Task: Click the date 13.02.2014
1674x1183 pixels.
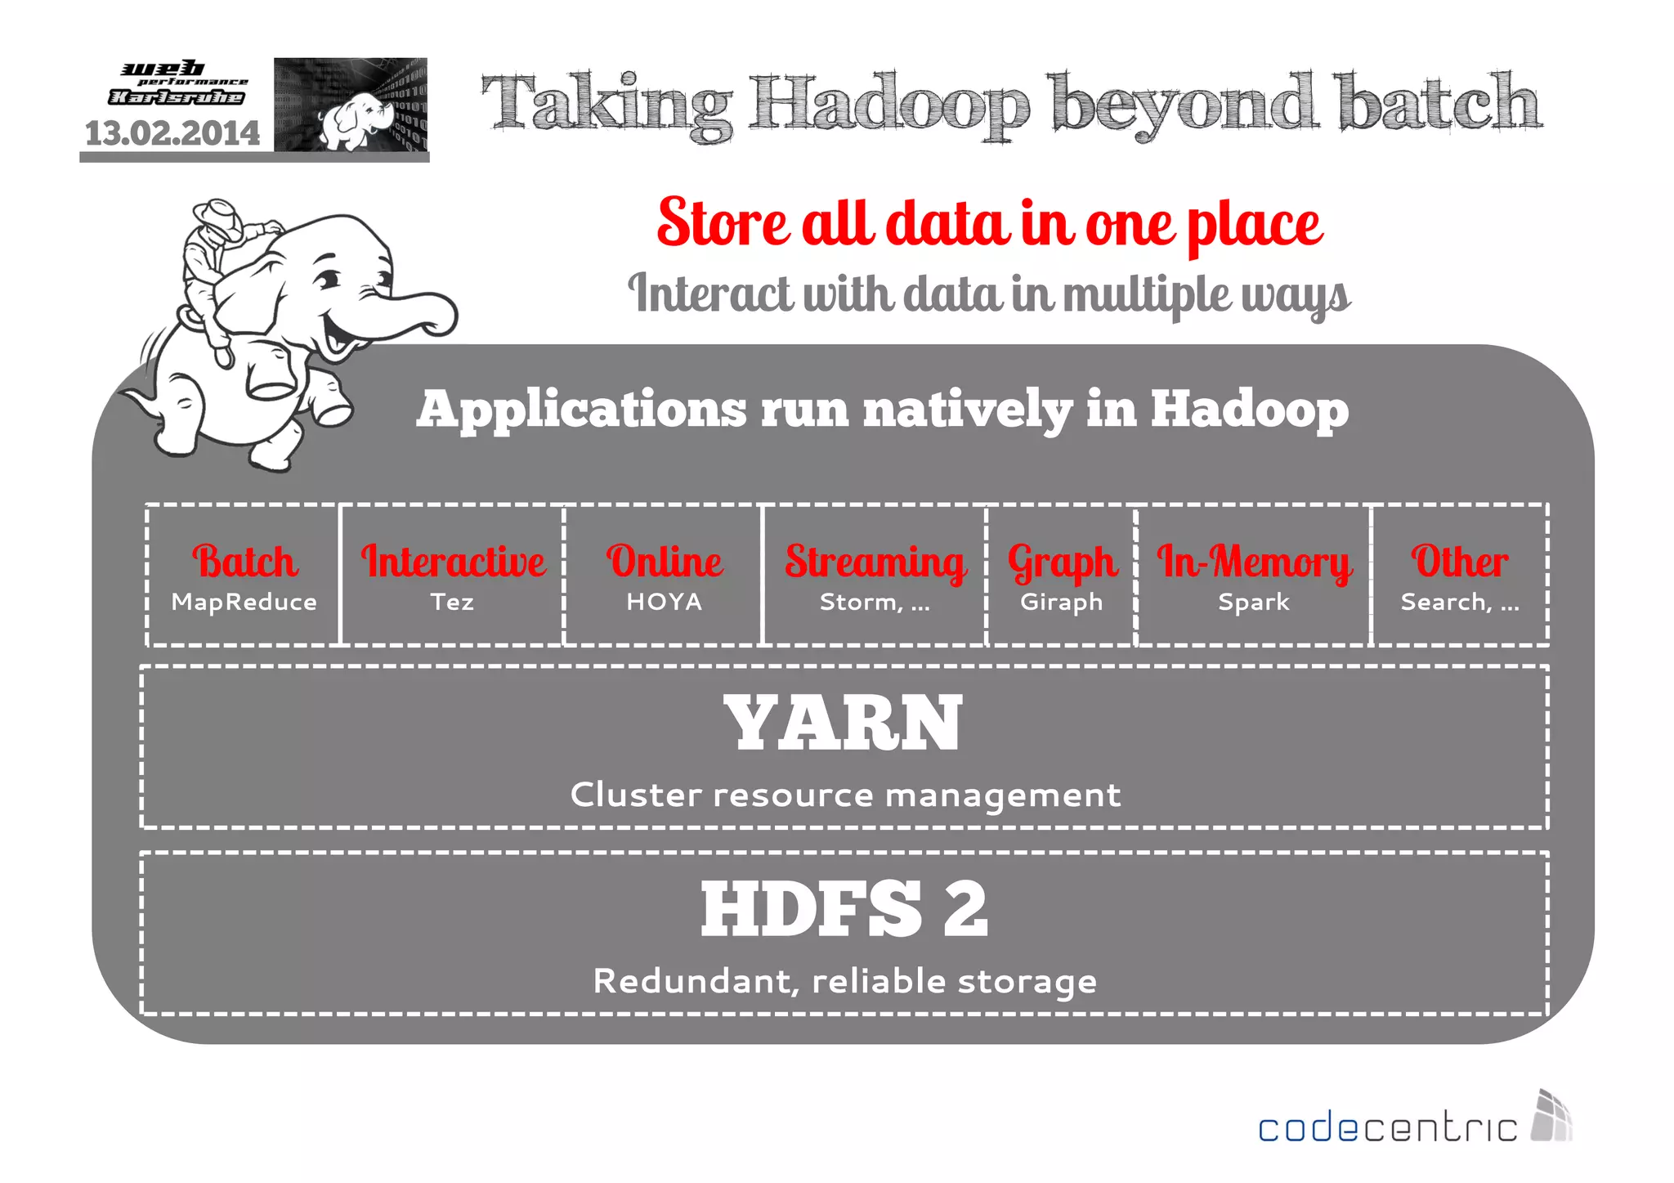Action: (172, 133)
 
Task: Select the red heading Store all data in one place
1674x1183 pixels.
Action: (989, 223)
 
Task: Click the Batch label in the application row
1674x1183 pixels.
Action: (245, 562)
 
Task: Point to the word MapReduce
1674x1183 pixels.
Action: (244, 603)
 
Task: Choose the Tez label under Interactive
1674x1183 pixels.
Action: (452, 603)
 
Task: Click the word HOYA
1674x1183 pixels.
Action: (664, 603)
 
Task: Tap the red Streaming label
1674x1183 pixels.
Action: (875, 562)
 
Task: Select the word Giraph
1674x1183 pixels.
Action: (1061, 603)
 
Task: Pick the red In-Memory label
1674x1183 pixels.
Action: (1254, 562)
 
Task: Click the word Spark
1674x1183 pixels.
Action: (1253, 603)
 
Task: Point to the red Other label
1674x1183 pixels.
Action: (1460, 562)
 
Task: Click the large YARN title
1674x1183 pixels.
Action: (844, 723)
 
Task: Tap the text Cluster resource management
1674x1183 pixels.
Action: (845, 795)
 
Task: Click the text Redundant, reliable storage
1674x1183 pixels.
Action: (845, 981)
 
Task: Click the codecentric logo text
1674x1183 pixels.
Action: (1387, 1128)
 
